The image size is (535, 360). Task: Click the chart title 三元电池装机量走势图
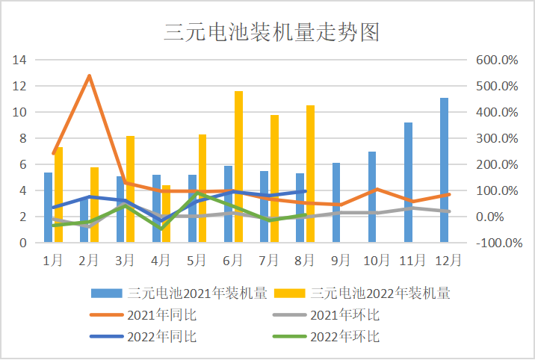coord(267,32)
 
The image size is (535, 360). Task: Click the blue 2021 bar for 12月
coord(445,170)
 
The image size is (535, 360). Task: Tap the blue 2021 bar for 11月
coord(409,182)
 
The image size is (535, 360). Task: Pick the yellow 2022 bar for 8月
coord(310,173)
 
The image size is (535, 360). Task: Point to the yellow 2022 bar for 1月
coord(58,195)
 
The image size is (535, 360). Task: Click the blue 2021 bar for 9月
coord(336,202)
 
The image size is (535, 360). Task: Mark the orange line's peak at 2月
coord(90,75)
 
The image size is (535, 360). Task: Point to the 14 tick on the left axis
coord(20,60)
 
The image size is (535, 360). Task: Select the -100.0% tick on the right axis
coord(497,243)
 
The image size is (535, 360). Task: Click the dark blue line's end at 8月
coord(306,191)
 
